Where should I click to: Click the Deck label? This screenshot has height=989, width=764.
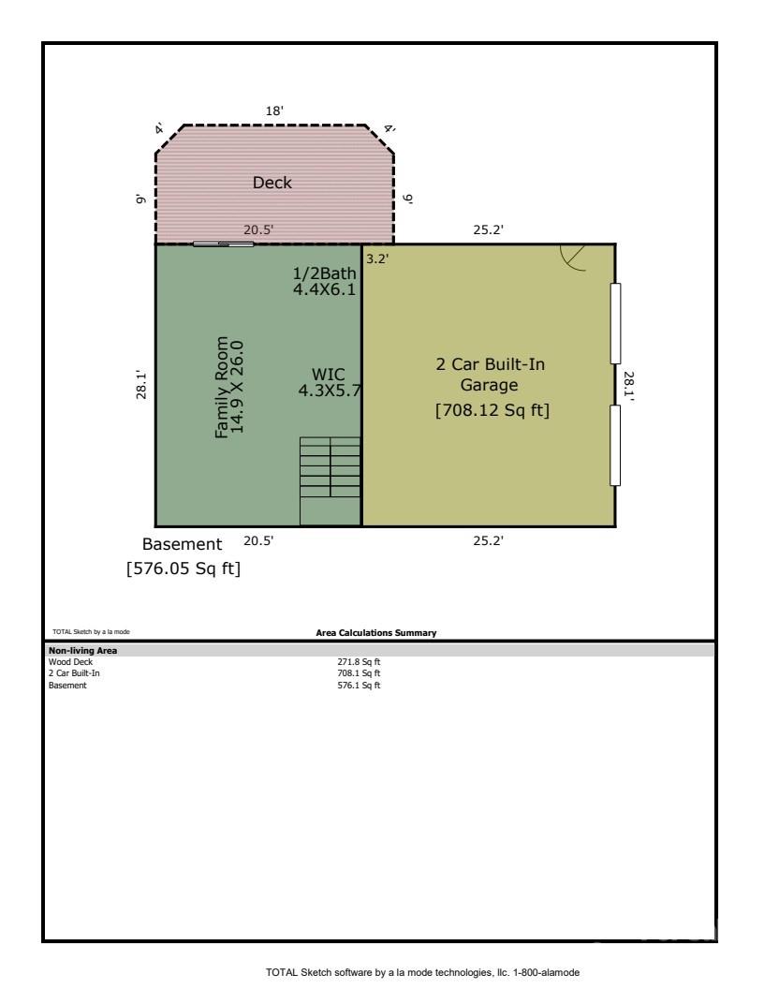[272, 183]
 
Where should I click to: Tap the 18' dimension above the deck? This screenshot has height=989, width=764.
[275, 111]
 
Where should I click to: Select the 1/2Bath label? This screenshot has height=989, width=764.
[324, 273]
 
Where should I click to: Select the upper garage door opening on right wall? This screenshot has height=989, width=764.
[615, 323]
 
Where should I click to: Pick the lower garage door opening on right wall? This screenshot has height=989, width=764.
[615, 445]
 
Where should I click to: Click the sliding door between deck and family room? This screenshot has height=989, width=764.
[223, 244]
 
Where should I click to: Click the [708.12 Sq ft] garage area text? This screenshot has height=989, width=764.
[492, 410]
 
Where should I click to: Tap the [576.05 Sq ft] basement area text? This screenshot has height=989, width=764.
[184, 568]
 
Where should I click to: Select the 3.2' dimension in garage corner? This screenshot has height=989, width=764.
[376, 258]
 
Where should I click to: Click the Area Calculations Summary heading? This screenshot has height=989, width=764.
[376, 633]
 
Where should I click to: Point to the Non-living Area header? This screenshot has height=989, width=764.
[82, 650]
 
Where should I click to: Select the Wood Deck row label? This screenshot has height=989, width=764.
[66, 661]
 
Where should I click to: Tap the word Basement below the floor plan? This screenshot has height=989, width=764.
[182, 544]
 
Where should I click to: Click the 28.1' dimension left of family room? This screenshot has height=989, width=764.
[140, 385]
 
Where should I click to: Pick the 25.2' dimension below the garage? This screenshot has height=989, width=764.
[489, 540]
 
